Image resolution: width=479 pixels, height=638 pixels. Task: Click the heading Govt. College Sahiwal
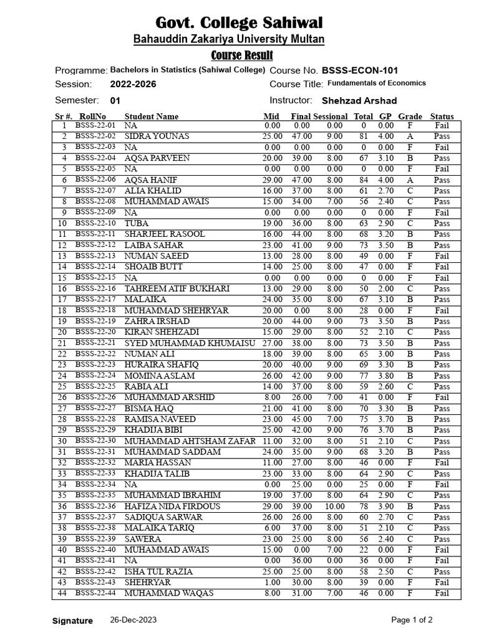(239, 24)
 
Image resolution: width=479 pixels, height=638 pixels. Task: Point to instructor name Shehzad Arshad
(359, 100)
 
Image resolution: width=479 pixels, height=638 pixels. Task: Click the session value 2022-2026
(133, 84)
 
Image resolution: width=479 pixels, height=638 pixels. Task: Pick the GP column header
(385, 116)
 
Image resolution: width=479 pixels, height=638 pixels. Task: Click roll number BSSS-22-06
(95, 179)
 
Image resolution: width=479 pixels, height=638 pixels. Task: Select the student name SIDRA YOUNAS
(157, 136)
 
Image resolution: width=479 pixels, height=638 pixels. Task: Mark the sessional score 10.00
(334, 507)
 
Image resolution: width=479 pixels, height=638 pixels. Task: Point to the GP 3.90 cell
(385, 507)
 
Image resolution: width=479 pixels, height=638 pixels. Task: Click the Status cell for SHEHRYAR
(442, 583)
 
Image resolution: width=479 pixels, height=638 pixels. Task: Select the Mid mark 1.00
(272, 583)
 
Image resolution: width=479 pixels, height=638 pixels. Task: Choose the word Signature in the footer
(72, 621)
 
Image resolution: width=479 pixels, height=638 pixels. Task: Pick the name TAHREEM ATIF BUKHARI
(177, 288)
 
